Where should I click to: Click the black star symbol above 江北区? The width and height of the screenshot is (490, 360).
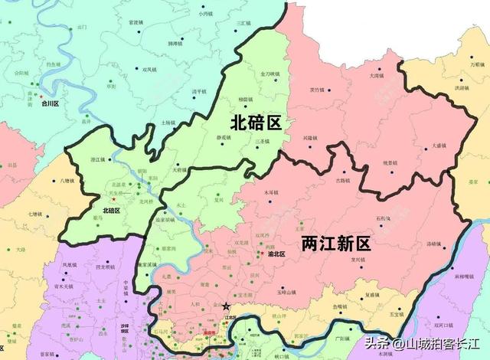coord(225,306)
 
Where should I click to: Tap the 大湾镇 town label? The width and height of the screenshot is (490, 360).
coord(376,76)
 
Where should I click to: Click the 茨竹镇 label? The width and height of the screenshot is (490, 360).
coord(316,89)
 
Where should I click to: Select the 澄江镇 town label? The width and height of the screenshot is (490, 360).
coord(98,159)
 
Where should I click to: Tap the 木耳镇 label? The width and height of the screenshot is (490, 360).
coord(270,191)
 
